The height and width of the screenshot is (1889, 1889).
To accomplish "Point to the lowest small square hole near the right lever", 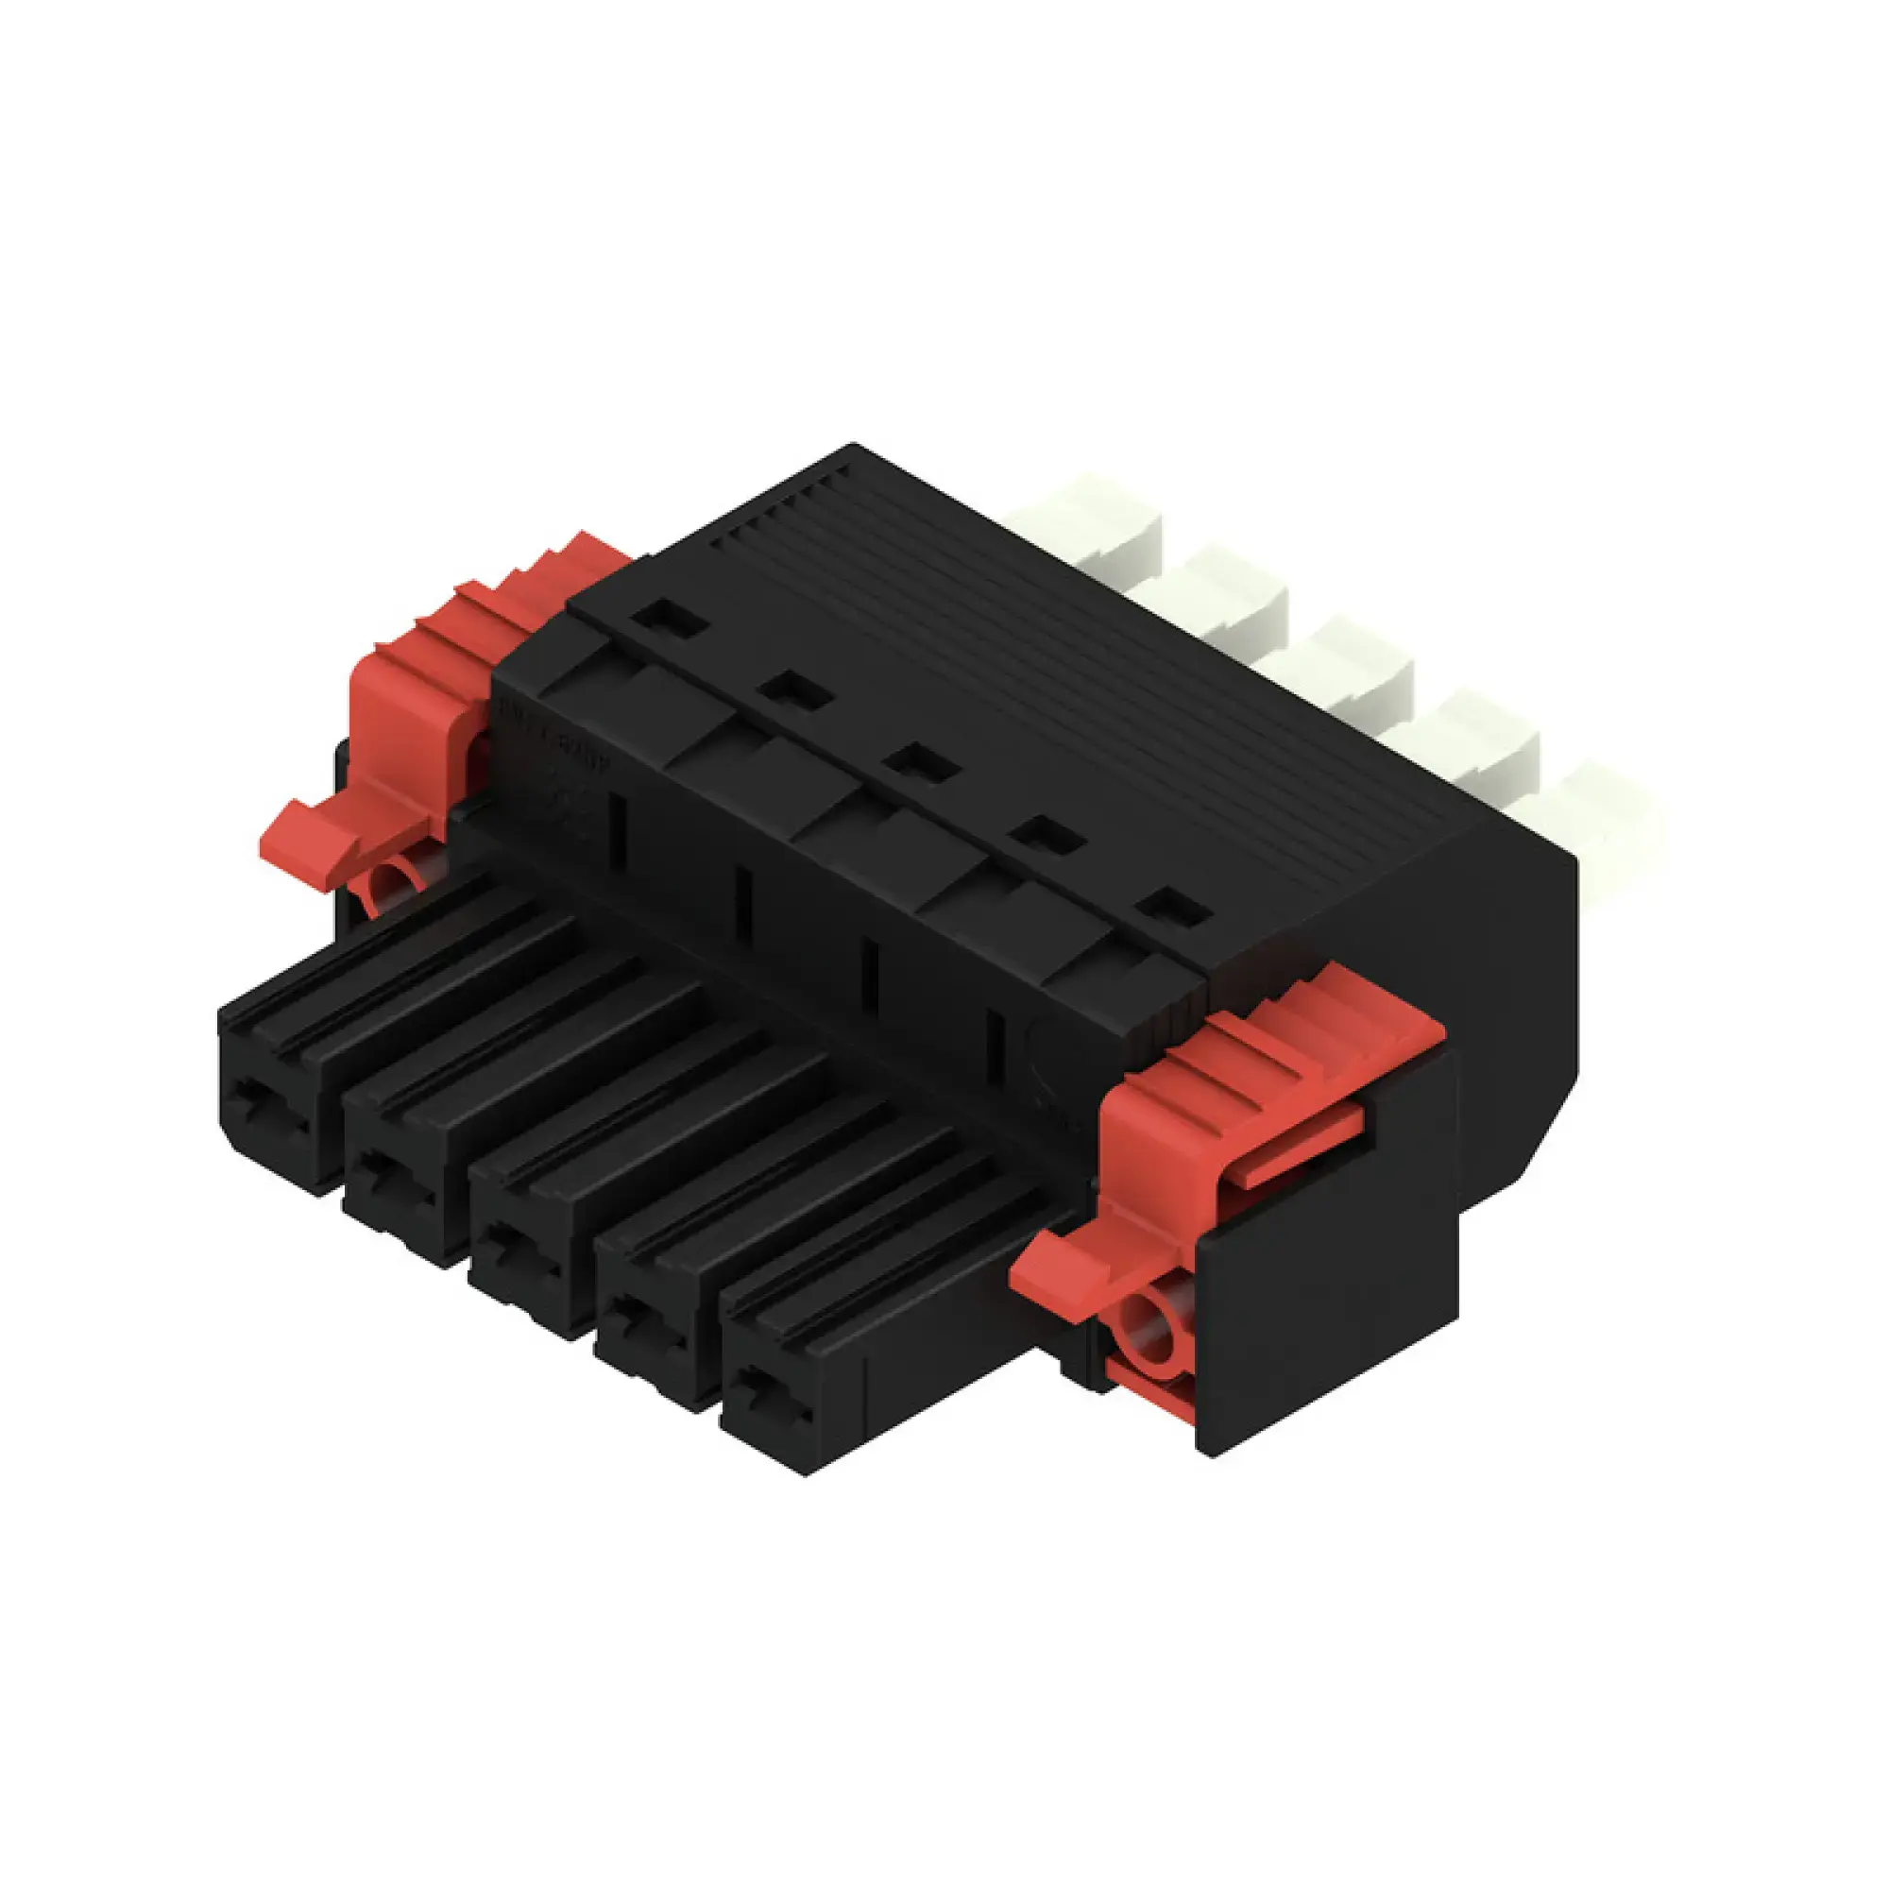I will coord(1174,906).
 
